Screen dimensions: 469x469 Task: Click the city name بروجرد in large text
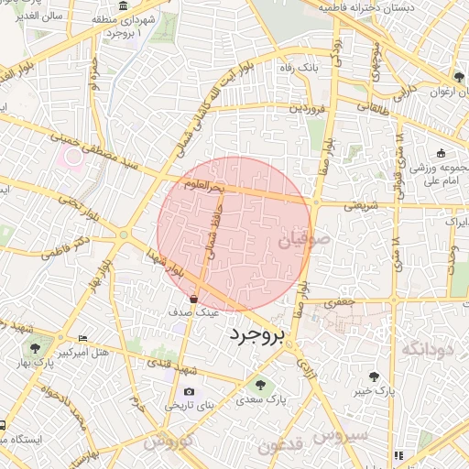(257, 334)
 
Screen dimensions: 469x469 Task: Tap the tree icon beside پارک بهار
(35, 347)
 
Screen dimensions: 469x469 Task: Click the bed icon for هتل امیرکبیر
(84, 339)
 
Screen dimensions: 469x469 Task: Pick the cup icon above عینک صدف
(194, 299)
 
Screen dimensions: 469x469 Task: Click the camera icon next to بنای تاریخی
(189, 391)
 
